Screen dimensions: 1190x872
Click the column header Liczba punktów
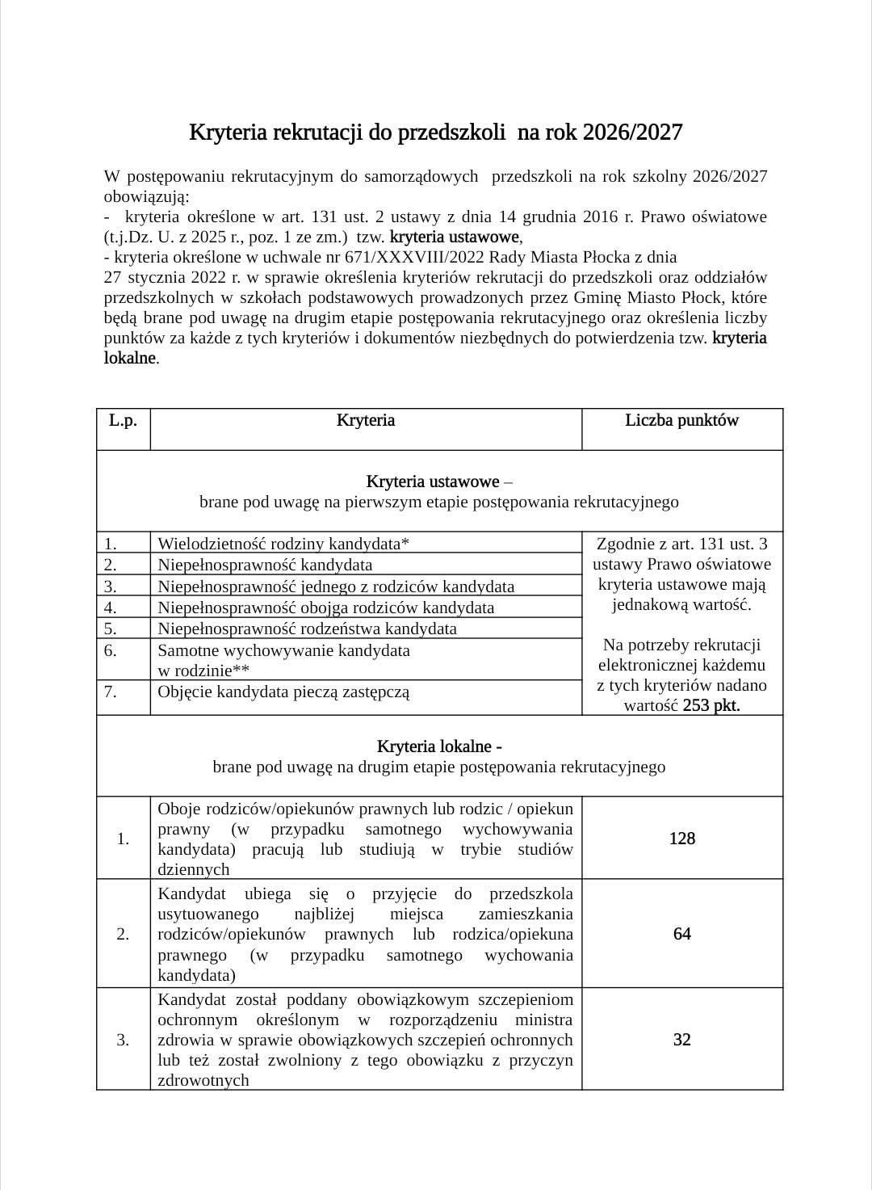point(681,420)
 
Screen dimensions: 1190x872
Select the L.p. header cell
point(123,420)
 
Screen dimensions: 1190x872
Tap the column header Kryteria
point(366,420)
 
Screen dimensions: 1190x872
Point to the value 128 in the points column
point(681,839)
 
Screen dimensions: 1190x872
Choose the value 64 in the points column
point(681,934)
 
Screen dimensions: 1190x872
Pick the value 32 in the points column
point(681,1040)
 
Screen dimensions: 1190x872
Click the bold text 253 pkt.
point(711,705)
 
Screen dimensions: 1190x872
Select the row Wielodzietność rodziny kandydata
point(283,544)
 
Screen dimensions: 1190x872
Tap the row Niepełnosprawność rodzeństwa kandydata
point(307,629)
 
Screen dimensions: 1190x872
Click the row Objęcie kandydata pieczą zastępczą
point(283,692)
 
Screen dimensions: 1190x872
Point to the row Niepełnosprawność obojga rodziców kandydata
point(325,608)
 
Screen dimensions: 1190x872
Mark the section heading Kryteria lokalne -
point(439,746)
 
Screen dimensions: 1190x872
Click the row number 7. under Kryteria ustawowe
point(111,692)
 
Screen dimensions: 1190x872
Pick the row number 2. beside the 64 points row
point(123,934)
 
